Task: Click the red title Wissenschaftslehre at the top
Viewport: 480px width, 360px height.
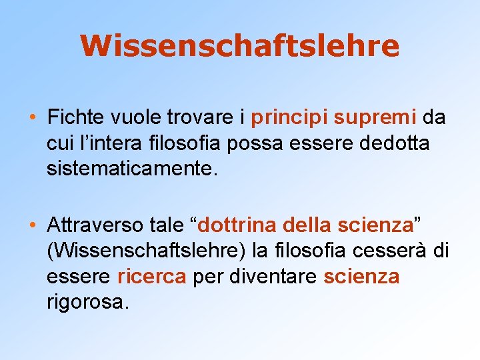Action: coord(239,46)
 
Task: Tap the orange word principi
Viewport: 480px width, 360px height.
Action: coord(289,118)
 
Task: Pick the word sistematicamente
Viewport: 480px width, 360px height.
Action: coord(131,169)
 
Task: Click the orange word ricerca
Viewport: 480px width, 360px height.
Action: coord(151,276)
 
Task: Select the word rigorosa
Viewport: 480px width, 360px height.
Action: coord(85,301)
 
